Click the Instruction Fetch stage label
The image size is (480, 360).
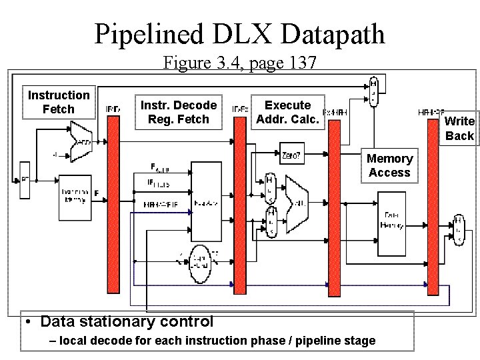coord(59,102)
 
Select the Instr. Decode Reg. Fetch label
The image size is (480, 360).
coord(178,113)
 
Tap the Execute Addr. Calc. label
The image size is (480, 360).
coord(287,112)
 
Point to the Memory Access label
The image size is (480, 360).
coord(389,165)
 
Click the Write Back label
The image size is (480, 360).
coord(459,129)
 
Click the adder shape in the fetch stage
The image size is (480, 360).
coord(81,140)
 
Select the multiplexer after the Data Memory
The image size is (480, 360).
coord(458,229)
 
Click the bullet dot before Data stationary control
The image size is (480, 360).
coord(31,322)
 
